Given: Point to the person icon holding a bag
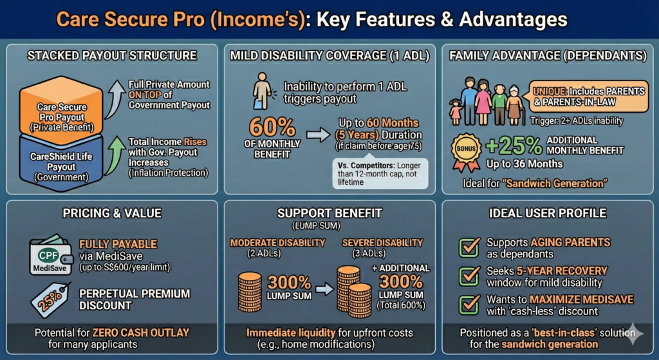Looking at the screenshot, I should click(261, 91).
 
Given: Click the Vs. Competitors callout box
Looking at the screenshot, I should click(380, 173).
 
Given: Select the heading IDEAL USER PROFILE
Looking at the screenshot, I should click(548, 213).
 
